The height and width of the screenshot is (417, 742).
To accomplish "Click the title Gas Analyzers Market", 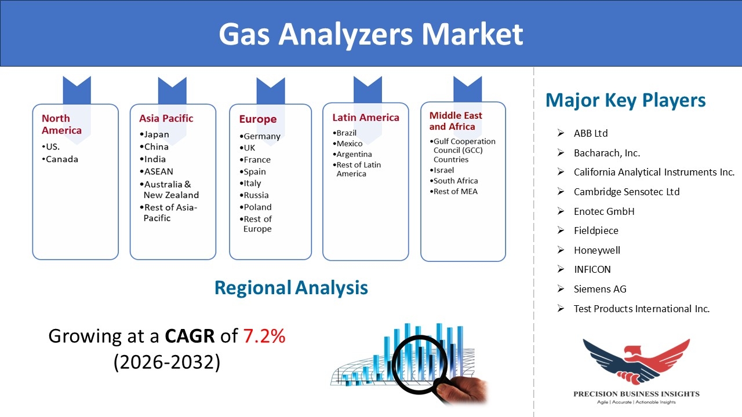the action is (370, 34).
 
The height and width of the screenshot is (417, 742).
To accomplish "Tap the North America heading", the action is (61, 124).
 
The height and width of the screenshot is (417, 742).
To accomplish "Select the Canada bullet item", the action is (60, 159).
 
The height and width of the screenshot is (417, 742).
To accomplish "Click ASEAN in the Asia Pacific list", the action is (157, 171).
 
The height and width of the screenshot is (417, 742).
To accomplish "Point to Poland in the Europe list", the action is (256, 207).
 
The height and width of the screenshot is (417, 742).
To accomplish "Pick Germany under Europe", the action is (260, 136).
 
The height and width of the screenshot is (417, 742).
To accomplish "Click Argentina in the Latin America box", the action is (352, 154).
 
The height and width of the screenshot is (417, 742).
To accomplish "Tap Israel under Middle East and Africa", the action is (442, 170).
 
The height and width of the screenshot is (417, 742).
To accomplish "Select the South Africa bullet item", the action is (454, 181).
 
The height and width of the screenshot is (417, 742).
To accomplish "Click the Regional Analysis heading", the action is (291, 288).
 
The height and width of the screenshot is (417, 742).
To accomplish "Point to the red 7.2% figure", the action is (264, 336).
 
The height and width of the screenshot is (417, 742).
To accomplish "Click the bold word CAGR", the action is (190, 336).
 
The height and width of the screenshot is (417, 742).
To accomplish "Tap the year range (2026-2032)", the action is (167, 362).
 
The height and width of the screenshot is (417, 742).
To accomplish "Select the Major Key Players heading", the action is (625, 100).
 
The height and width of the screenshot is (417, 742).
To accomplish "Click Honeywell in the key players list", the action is (597, 250).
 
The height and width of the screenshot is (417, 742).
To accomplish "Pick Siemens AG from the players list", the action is (600, 289).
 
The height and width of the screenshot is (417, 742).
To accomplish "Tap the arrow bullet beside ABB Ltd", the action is (561, 133).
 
